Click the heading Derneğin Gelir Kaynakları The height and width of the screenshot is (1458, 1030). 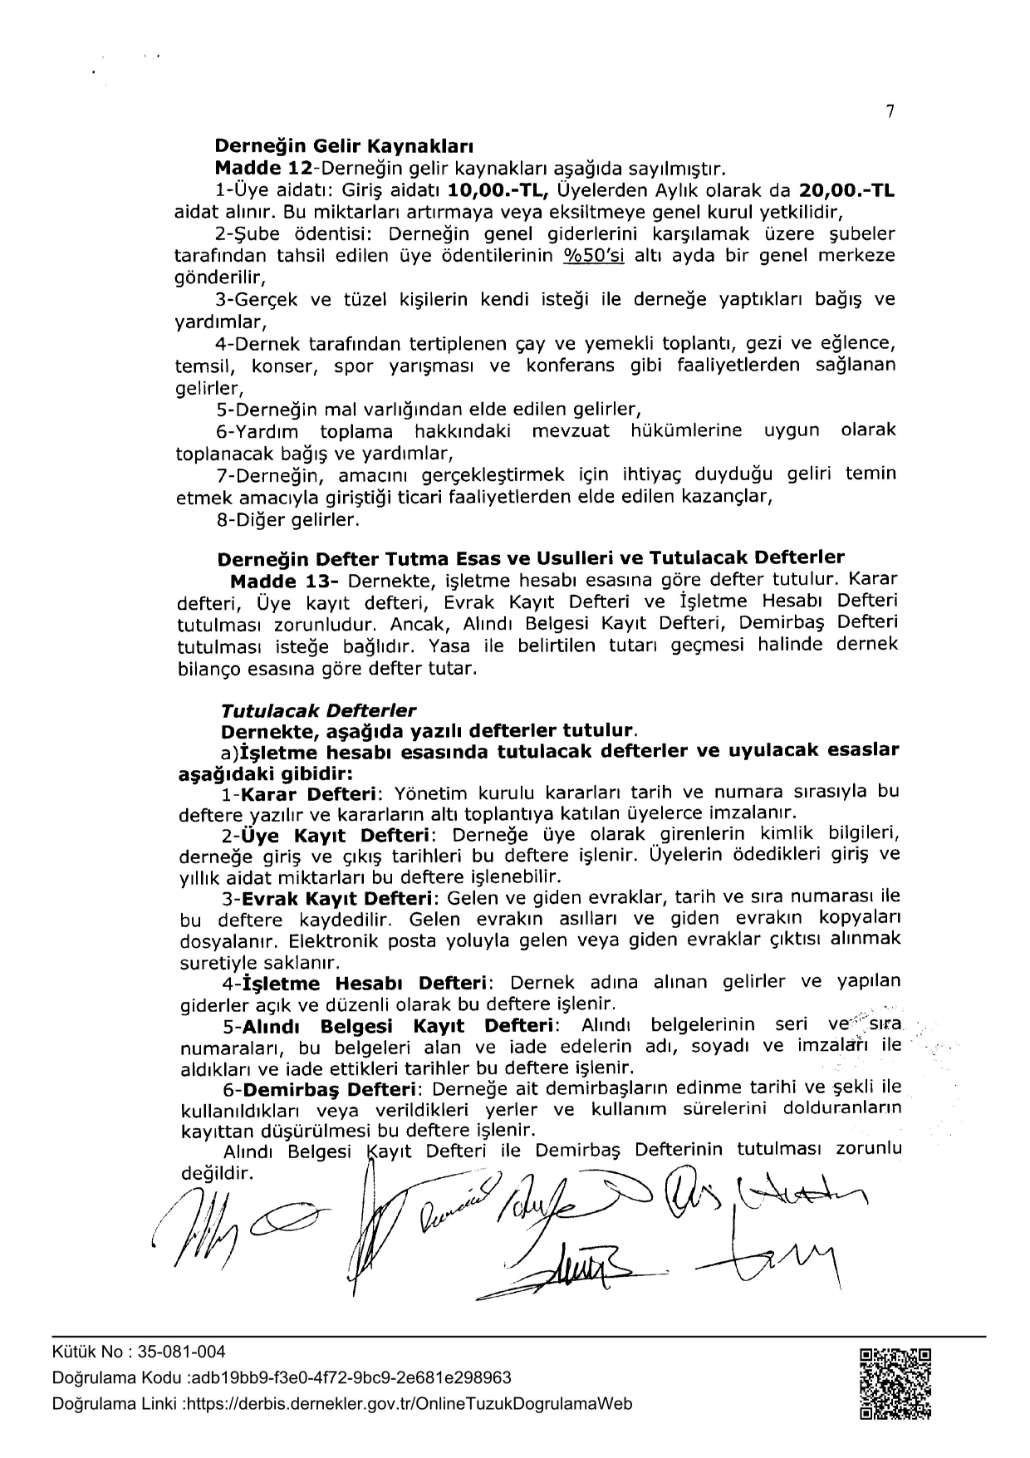click(x=344, y=148)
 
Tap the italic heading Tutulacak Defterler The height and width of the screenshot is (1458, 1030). click(x=318, y=711)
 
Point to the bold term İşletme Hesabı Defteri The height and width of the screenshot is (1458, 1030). click(x=365, y=984)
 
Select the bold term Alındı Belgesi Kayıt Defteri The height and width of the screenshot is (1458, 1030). click(x=398, y=1026)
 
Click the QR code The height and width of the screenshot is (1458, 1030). click(x=895, y=1382)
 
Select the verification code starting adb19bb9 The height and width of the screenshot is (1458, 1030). click(x=351, y=1378)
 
